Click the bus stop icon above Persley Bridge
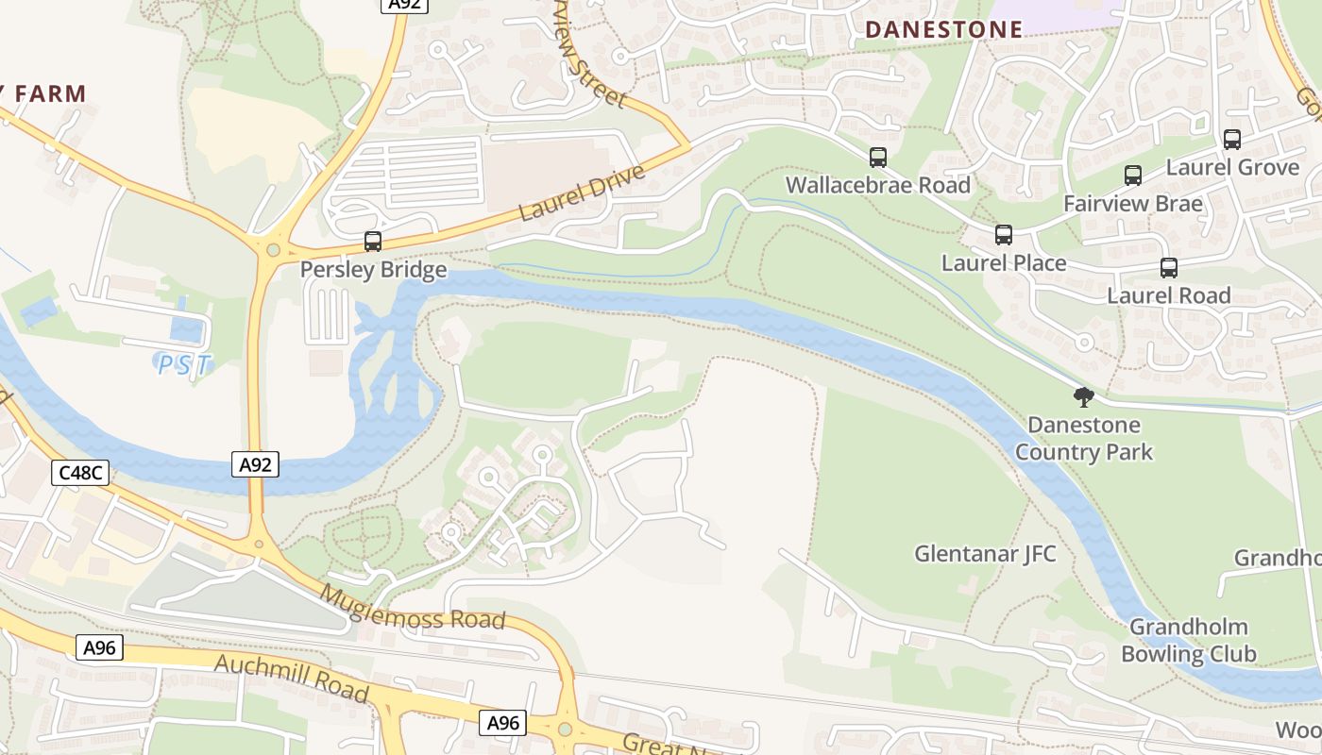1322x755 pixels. (x=373, y=242)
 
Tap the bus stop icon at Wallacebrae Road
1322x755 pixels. (x=878, y=158)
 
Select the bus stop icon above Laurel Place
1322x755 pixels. (x=1004, y=235)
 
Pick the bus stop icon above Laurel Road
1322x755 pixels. (x=1169, y=268)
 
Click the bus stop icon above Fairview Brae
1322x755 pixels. (x=1133, y=176)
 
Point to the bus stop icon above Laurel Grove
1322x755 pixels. (x=1232, y=140)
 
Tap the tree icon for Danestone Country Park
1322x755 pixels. (x=1083, y=397)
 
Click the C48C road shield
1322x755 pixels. (x=80, y=473)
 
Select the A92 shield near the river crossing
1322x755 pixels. (x=255, y=464)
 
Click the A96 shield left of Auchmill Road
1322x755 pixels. (x=99, y=647)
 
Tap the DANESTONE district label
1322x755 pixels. (x=943, y=30)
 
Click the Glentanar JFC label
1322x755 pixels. (x=985, y=554)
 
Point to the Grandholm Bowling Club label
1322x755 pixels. (x=1188, y=640)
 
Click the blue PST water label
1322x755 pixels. (x=184, y=364)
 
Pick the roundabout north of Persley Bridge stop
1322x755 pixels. (x=274, y=250)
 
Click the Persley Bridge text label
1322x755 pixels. (x=373, y=270)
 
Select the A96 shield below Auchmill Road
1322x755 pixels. (x=502, y=723)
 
